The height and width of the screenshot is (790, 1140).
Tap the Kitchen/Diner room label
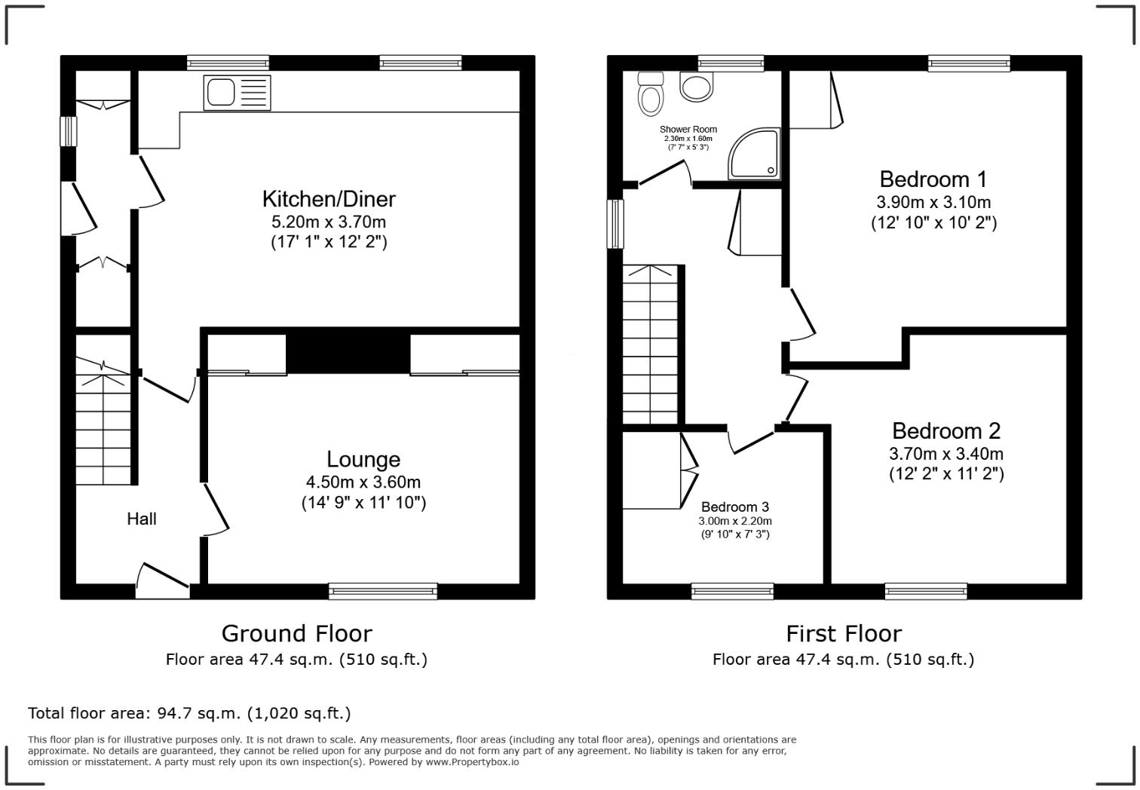329,199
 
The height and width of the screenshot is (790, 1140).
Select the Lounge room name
363,459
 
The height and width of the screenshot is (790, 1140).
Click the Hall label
142,519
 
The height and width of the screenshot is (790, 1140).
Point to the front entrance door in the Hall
162,581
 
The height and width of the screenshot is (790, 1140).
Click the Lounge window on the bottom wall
383,591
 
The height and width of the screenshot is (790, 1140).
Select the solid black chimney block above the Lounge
348,351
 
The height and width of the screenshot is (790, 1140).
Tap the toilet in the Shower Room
650,95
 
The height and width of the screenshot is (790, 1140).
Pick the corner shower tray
754,154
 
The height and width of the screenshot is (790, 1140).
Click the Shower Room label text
688,130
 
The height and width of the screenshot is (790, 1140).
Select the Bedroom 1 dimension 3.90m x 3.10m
933,202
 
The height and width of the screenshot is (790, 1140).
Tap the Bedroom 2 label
946,430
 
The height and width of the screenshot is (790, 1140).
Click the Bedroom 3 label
735,507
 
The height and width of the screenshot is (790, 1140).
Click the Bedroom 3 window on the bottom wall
732,591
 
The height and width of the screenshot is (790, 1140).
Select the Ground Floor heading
296,633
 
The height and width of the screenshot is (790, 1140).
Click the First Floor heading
844,633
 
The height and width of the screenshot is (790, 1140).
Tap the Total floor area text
189,713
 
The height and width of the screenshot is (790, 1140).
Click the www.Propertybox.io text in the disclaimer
472,762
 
